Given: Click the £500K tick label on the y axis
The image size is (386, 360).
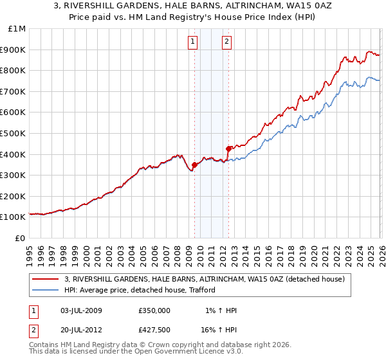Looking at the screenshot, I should (13, 133).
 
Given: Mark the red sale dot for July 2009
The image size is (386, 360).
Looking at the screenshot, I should (194, 165).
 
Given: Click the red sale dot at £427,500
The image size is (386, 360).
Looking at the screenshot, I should (228, 148).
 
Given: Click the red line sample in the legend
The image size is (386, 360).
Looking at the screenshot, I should (46, 279).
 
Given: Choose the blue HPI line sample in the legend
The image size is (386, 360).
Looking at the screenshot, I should (46, 290).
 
